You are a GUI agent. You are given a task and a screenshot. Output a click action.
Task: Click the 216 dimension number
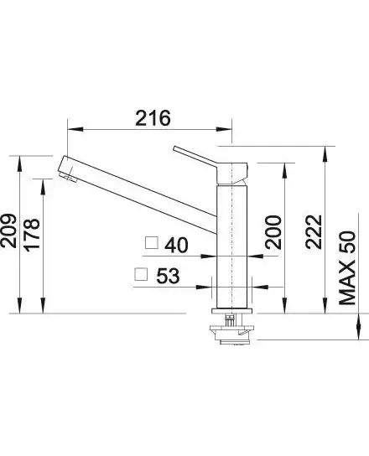153,118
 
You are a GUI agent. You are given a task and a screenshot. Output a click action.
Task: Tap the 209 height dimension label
8,231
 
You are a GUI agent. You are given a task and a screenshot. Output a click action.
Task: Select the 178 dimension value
31,235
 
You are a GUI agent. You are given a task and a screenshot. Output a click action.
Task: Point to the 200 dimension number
273,232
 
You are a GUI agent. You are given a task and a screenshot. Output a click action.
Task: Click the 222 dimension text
314,232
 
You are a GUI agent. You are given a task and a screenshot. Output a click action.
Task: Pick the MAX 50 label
347,268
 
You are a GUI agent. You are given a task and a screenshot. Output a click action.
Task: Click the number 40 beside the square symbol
176,245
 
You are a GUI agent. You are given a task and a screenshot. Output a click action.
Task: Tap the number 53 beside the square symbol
169,276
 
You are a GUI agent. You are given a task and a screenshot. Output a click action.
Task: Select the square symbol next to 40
152,243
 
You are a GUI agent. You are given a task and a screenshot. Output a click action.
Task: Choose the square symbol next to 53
141,274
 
